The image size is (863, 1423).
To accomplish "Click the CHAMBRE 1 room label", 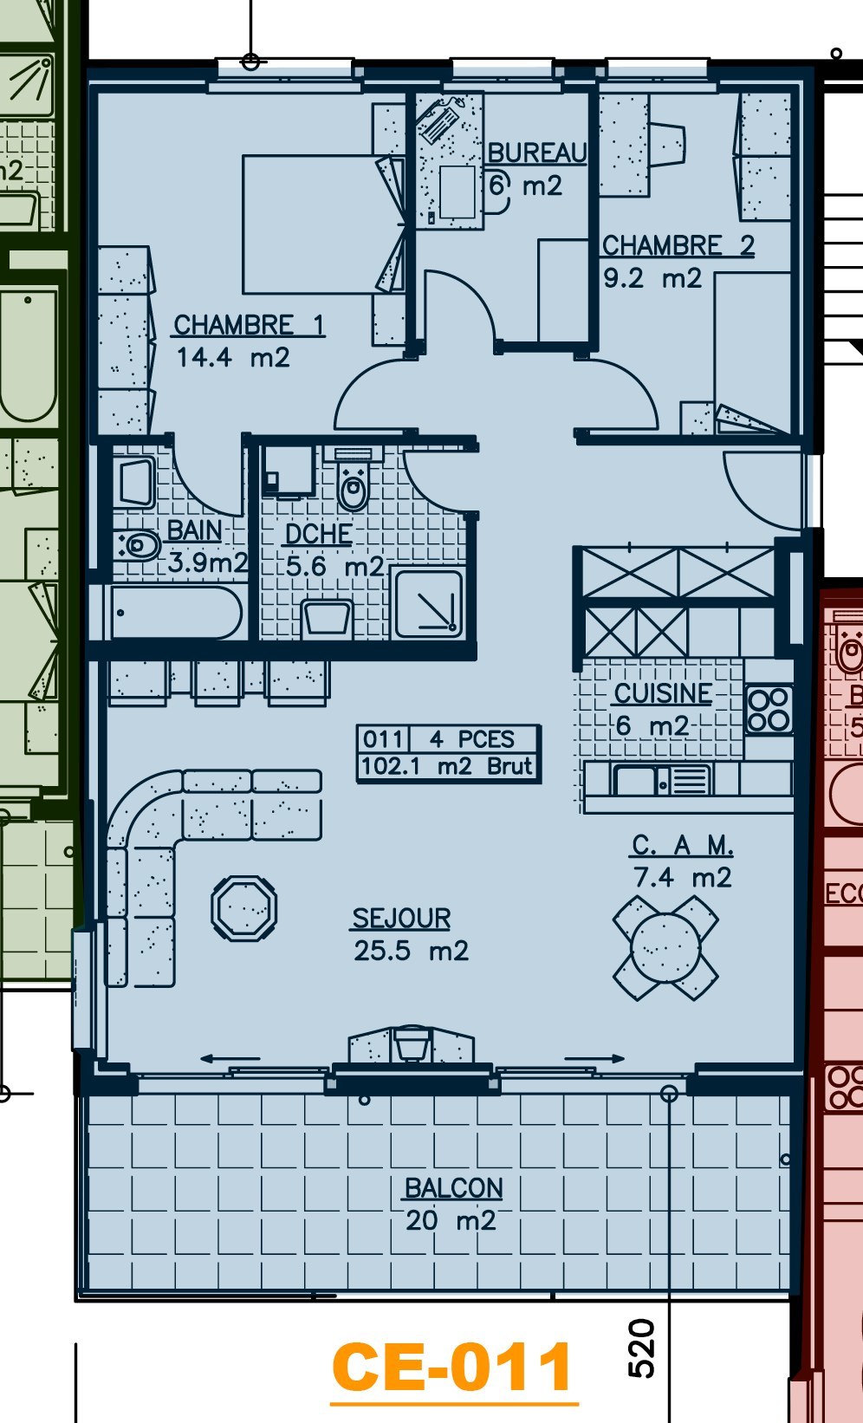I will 249,325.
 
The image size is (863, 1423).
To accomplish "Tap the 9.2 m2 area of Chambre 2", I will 652,279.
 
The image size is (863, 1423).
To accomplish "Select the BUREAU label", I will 537,153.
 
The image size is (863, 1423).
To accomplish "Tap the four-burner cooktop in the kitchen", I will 769,710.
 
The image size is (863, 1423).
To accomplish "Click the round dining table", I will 665,947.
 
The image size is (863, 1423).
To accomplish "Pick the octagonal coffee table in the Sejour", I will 244,908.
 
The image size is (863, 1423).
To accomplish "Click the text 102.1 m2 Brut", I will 446,767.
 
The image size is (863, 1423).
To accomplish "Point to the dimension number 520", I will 641,1348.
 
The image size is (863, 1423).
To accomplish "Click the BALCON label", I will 453,1188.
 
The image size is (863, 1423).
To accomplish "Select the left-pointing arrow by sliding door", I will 229,1058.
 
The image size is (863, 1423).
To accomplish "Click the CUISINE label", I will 663,693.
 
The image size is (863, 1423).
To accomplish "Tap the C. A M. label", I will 683,845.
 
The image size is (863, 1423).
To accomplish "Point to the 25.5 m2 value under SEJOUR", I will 411,951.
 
